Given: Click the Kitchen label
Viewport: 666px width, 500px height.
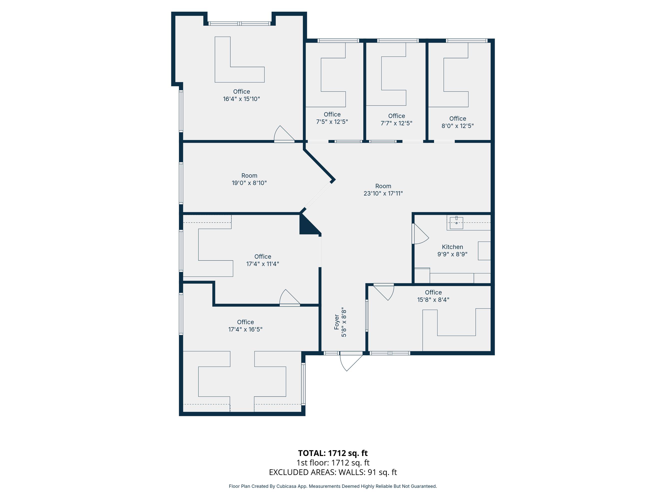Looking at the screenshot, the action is click(452, 247).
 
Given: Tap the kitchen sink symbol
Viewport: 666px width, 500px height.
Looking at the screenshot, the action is click(456, 223).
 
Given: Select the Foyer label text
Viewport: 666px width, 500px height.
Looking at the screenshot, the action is click(337, 322).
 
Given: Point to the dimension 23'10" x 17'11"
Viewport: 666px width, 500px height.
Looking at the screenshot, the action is click(383, 193).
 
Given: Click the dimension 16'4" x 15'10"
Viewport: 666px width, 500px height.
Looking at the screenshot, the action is click(241, 99).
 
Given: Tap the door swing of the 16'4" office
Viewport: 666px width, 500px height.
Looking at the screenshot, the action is click(284, 133).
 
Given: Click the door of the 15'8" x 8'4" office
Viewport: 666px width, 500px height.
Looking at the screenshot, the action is click(384, 292).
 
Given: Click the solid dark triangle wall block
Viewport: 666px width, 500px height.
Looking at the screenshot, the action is click(308, 226).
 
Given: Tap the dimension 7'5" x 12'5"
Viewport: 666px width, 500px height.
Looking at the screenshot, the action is click(332, 122).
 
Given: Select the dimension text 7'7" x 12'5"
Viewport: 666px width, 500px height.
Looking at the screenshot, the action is click(396, 123).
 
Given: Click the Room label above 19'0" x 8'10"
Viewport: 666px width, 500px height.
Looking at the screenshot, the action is click(249, 175).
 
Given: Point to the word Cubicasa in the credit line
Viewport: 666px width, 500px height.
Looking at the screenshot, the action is click(286, 486).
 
